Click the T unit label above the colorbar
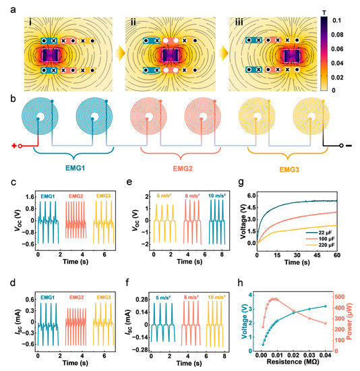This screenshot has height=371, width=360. [x=332, y=5]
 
